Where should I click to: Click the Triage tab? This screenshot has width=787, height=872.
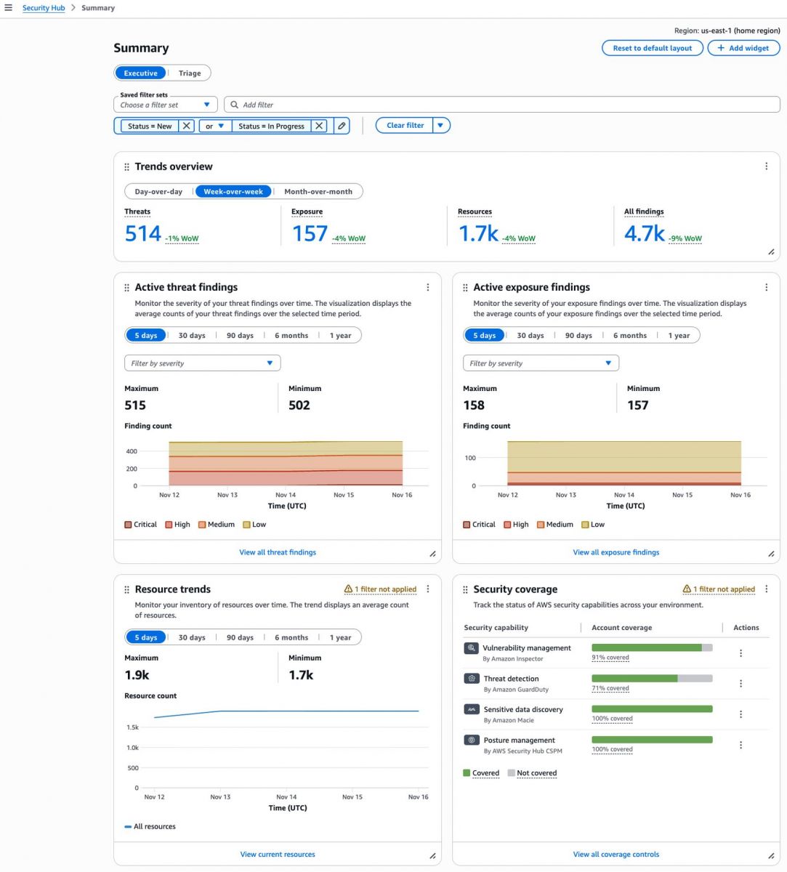[190, 73]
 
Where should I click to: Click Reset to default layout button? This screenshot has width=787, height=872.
[652, 48]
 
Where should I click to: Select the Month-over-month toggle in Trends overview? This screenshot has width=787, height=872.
[318, 192]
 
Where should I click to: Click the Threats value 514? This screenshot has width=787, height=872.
[142, 233]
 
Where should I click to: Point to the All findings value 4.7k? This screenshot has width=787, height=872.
[644, 233]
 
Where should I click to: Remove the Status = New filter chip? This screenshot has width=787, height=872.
[187, 126]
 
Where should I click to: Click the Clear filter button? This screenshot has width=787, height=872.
[405, 126]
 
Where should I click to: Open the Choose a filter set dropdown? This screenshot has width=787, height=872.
[166, 105]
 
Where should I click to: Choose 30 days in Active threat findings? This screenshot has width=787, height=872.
[192, 336]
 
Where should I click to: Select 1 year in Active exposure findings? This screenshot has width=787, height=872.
[679, 336]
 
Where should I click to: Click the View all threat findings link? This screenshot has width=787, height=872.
[278, 552]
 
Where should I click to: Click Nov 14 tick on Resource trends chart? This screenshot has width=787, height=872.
[286, 797]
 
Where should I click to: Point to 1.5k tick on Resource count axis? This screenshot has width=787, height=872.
[132, 727]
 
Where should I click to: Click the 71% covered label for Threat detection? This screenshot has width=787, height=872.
[610, 688]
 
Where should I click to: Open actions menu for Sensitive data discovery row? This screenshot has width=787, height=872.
[740, 714]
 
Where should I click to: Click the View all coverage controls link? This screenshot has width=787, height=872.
[616, 855]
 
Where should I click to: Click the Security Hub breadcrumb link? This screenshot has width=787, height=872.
[44, 8]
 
